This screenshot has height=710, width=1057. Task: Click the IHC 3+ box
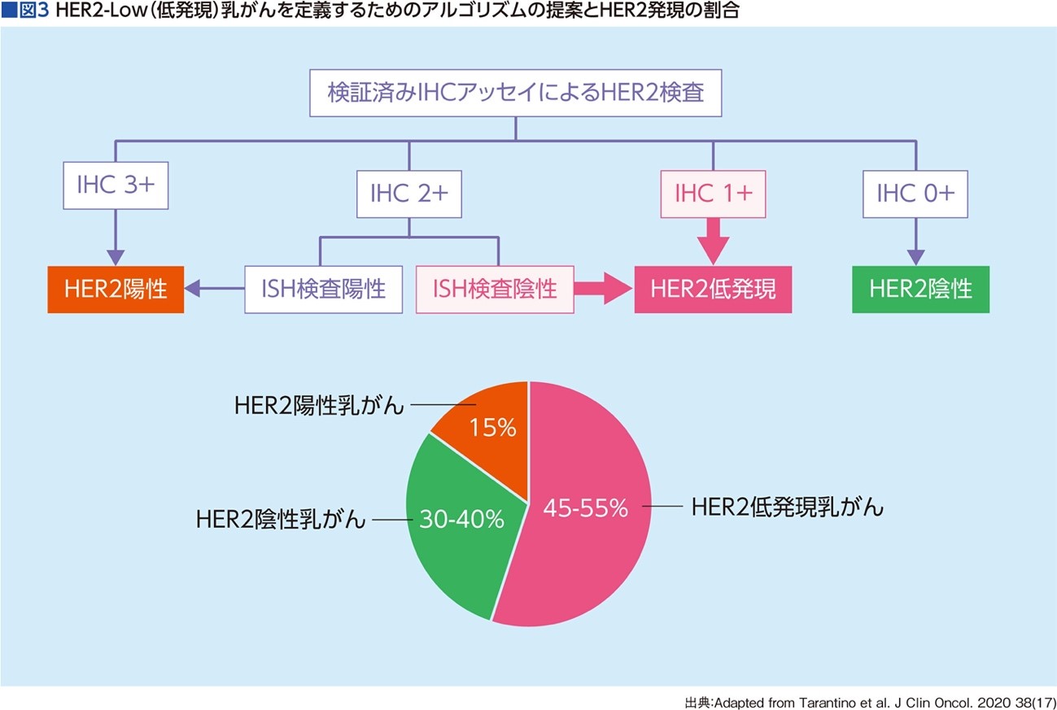click(x=116, y=185)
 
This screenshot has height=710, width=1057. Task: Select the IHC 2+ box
click(x=409, y=194)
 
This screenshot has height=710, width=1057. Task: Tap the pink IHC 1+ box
click(x=713, y=194)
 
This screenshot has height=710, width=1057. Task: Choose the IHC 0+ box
click(x=915, y=194)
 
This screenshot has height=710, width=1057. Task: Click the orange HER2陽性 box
click(x=116, y=290)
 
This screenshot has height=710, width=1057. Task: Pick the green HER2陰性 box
click(x=920, y=290)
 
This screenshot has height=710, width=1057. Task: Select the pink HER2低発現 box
click(x=713, y=290)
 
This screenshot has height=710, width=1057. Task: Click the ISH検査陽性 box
click(x=323, y=290)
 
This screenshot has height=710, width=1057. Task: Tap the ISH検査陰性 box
click(x=495, y=290)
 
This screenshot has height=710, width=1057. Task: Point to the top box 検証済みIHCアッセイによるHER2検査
click(x=515, y=93)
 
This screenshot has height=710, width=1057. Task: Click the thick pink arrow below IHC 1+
click(x=713, y=242)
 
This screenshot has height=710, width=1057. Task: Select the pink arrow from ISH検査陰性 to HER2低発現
click(x=604, y=289)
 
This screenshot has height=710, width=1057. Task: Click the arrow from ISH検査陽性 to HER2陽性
click(x=214, y=288)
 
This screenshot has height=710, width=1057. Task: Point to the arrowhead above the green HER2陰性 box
click(x=916, y=258)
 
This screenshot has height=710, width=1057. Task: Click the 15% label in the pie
click(x=492, y=428)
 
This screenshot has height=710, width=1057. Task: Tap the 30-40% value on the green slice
click(x=461, y=519)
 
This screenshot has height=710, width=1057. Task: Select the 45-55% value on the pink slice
click(x=585, y=508)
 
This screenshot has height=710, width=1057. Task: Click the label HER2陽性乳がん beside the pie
click(x=320, y=405)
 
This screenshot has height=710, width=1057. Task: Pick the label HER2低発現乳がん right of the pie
click(x=788, y=507)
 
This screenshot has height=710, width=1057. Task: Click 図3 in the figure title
click(x=33, y=11)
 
